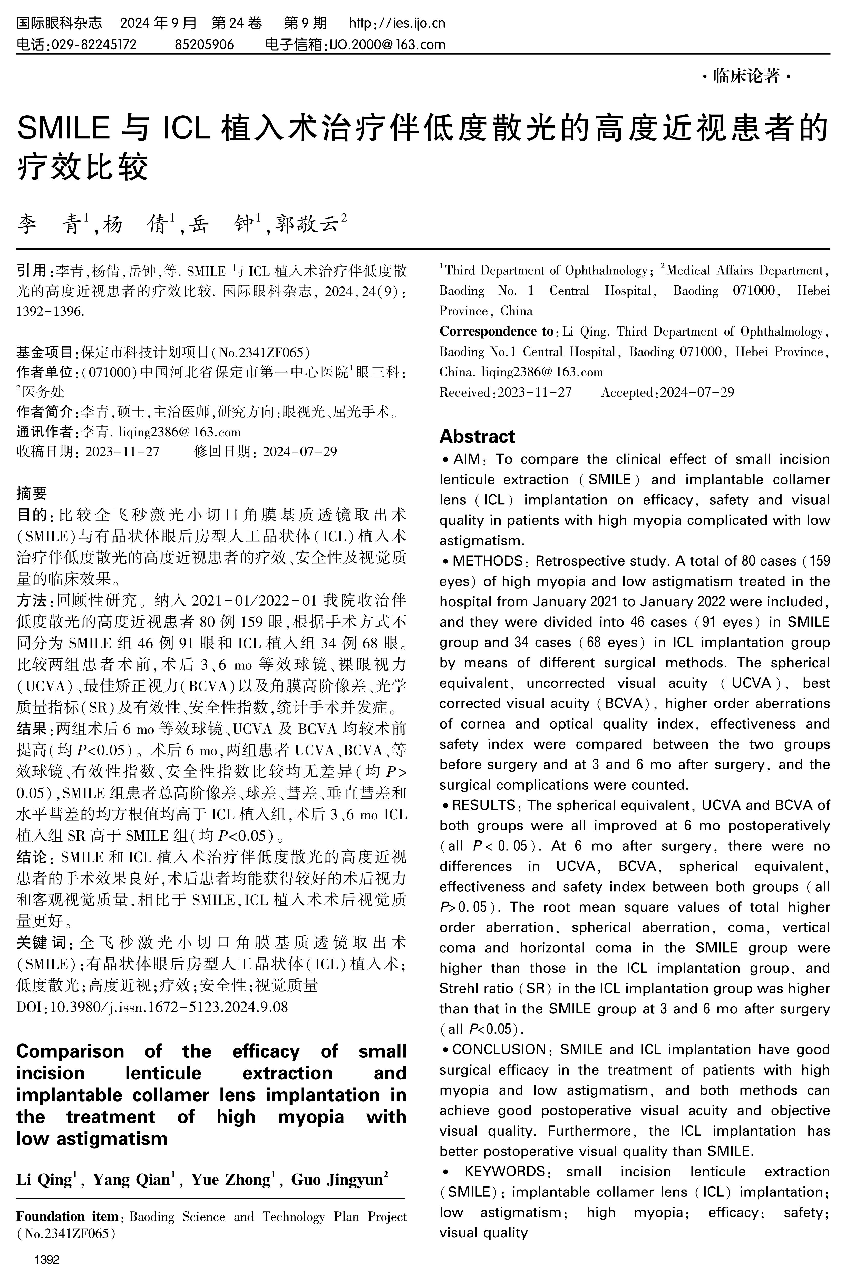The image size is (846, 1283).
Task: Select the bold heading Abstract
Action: point(477,436)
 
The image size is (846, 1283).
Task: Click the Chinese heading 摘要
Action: point(32,493)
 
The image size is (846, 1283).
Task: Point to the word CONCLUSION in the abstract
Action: point(499,1049)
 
